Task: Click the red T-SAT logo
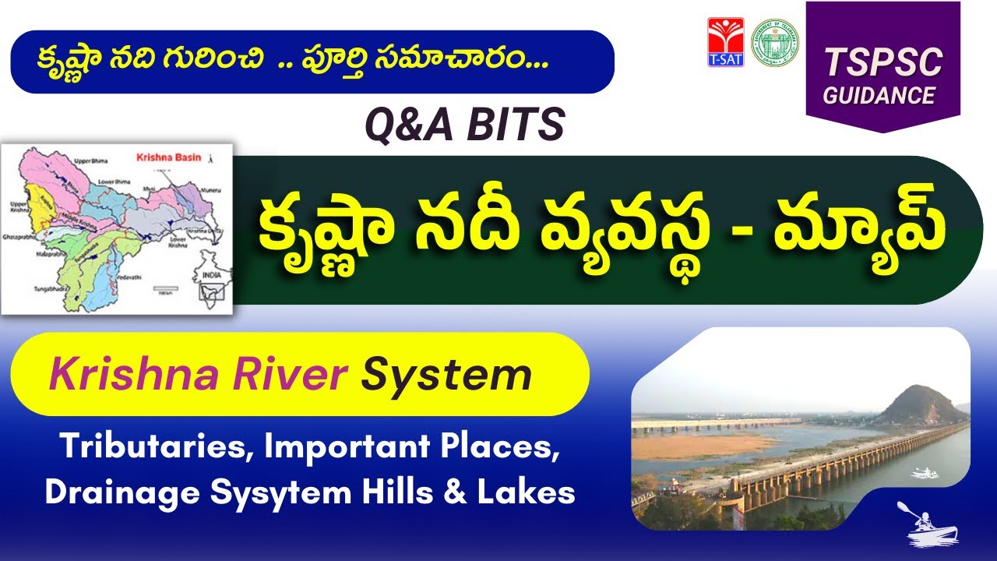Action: tap(725, 42)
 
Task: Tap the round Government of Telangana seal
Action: tap(774, 42)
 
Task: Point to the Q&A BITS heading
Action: tap(466, 125)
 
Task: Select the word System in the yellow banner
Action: tap(446, 376)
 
